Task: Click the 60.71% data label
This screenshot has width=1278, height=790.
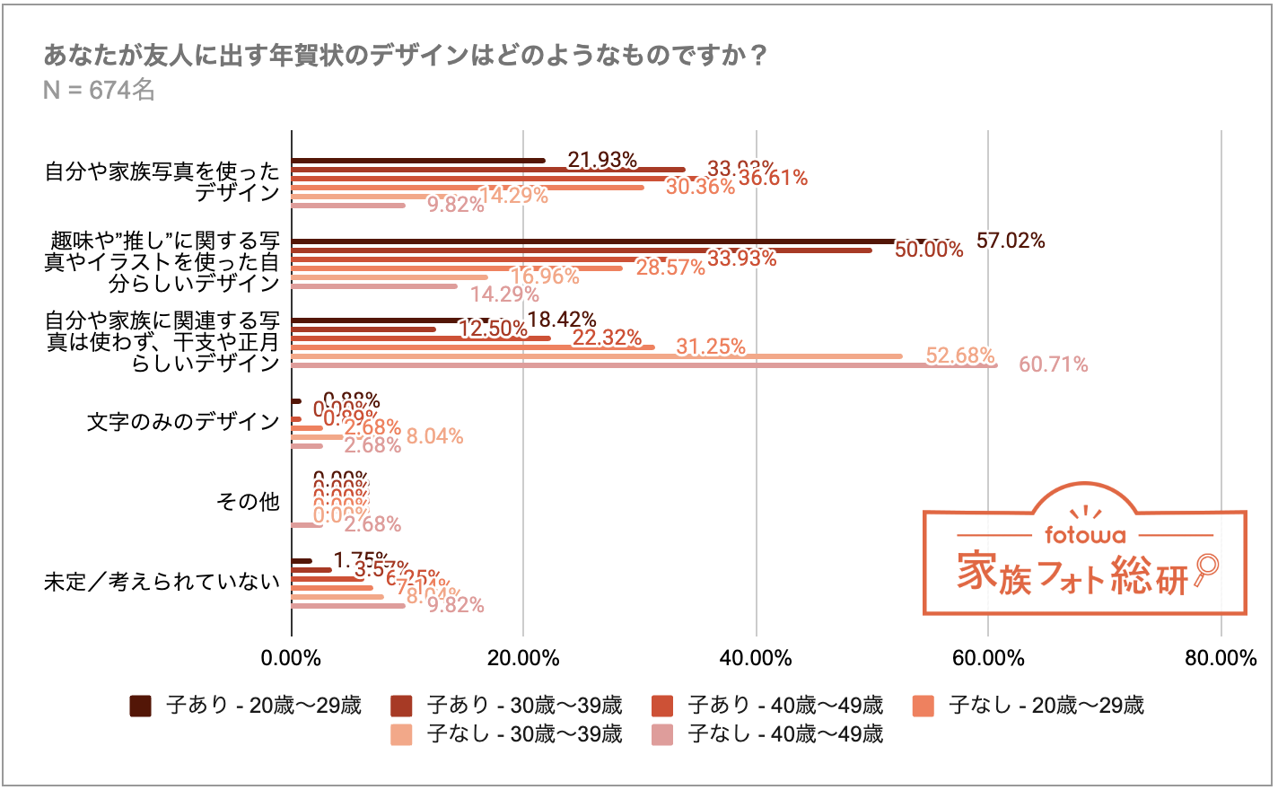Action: (x=1053, y=364)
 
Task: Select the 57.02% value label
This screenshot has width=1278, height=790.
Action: (x=1011, y=241)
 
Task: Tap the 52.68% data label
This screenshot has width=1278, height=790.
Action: (x=960, y=355)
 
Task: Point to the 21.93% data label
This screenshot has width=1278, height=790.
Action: (x=602, y=160)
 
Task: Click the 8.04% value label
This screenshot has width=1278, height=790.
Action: (x=434, y=436)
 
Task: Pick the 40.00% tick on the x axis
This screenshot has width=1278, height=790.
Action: (x=756, y=658)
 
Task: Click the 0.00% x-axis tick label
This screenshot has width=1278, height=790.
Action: (x=291, y=658)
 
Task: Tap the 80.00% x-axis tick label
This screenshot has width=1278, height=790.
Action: (x=1221, y=658)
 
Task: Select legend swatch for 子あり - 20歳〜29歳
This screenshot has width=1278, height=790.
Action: (x=141, y=706)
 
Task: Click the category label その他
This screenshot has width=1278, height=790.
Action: (x=248, y=502)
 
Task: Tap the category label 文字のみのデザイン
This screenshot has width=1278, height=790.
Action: (x=183, y=422)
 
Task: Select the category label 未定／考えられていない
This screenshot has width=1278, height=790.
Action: (x=162, y=582)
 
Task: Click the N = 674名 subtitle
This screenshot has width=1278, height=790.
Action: (x=99, y=90)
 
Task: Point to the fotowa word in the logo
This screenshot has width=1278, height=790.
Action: (x=1085, y=535)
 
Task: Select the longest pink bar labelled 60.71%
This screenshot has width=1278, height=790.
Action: (x=643, y=365)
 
